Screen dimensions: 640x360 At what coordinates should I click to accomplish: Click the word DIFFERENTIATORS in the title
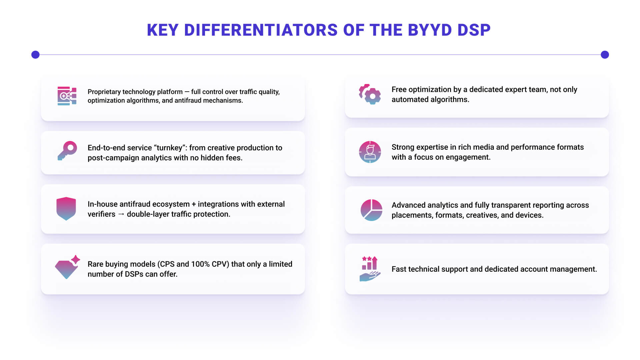pos(261,30)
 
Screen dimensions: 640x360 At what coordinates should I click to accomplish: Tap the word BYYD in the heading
pos(430,30)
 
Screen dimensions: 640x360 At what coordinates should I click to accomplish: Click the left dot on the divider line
pos(35,55)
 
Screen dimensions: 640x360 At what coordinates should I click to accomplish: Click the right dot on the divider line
pos(605,55)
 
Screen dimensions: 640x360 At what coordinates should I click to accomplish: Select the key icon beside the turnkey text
pos(67,151)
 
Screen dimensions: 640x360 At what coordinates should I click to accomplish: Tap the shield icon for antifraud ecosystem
pos(66,209)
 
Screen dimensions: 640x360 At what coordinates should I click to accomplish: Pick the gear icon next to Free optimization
pos(370,94)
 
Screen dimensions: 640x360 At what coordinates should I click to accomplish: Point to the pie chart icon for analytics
pos(371,210)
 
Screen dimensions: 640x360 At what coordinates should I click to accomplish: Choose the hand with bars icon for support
pos(370,269)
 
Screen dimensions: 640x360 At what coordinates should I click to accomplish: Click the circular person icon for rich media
pos(370,152)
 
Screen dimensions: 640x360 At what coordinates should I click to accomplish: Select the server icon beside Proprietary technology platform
pos(67,96)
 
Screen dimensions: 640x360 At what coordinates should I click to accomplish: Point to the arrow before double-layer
pos(121,214)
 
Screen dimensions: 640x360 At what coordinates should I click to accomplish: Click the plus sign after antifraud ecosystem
pos(194,204)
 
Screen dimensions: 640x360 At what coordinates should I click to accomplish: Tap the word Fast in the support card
pos(399,269)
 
